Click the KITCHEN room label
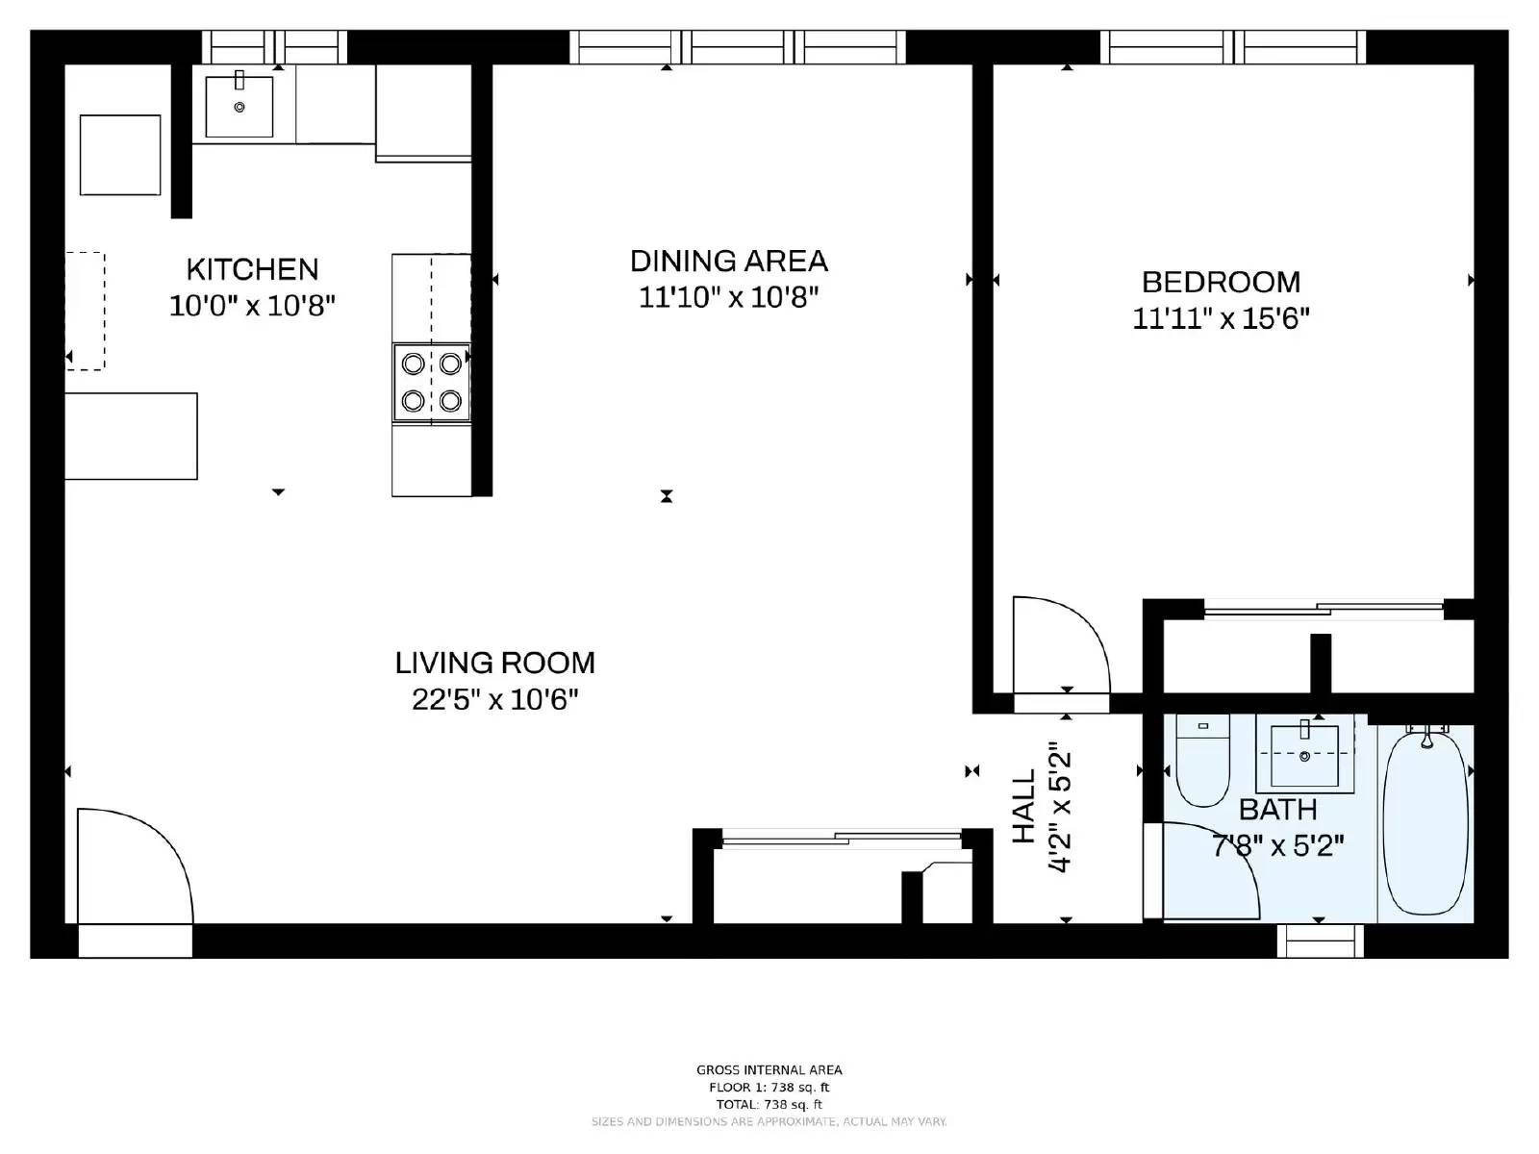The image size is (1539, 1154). pyautogui.click(x=252, y=269)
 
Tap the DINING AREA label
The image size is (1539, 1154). pyautogui.click(x=728, y=262)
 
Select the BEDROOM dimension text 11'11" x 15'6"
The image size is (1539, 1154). pyautogui.click(x=1221, y=318)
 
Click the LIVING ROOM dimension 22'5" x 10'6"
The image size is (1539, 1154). pyautogui.click(x=494, y=699)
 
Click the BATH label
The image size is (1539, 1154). pyautogui.click(x=1277, y=810)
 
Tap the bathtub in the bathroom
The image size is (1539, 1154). pyautogui.click(x=1425, y=824)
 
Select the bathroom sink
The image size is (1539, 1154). pyautogui.click(x=1304, y=756)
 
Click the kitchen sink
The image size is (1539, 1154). pyautogui.click(x=240, y=106)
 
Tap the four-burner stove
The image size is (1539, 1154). pyautogui.click(x=431, y=382)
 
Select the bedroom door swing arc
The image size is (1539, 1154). pyautogui.click(x=1058, y=644)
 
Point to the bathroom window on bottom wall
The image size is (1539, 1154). pyautogui.click(x=1320, y=941)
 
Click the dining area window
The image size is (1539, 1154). pyautogui.click(x=738, y=46)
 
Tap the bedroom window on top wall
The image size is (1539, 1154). pyautogui.click(x=1233, y=46)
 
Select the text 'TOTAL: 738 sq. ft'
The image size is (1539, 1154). pyautogui.click(x=769, y=1105)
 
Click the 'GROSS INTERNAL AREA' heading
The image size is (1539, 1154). pyautogui.click(x=769, y=1069)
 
